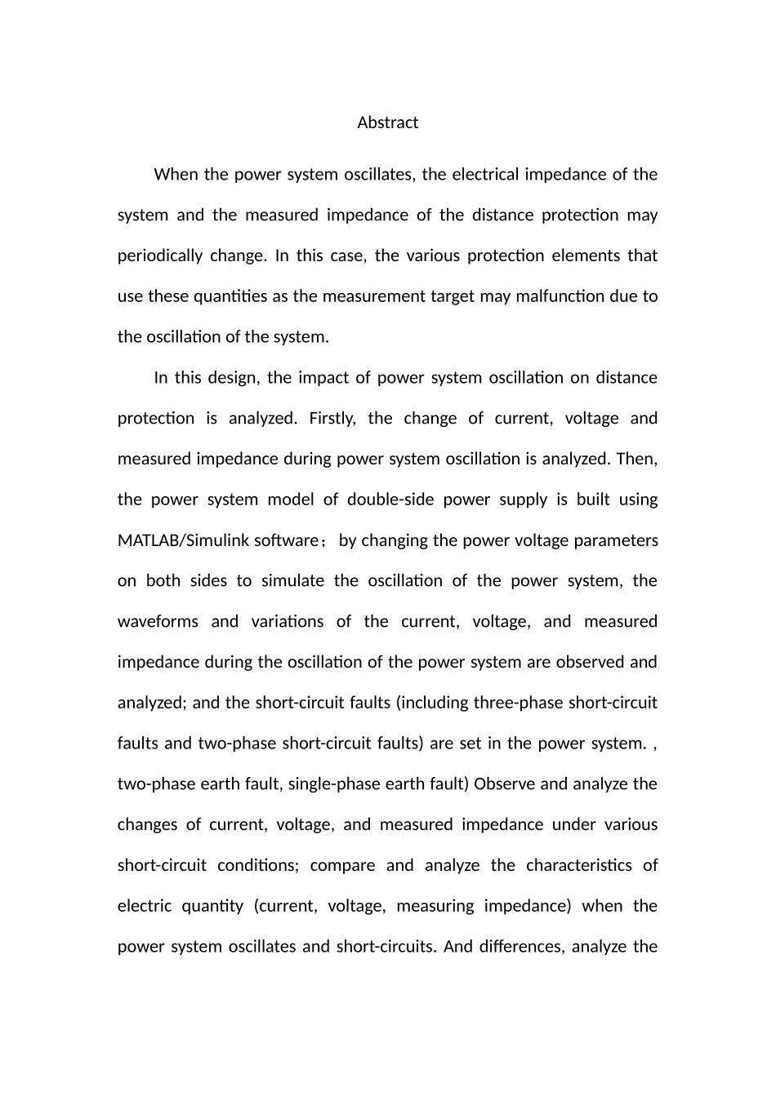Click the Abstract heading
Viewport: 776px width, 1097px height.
tap(387, 122)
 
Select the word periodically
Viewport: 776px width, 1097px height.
tap(159, 255)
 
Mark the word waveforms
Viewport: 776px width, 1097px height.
tap(158, 621)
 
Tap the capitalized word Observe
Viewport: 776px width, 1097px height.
tap(504, 784)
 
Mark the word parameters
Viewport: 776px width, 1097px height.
tap(618, 540)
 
